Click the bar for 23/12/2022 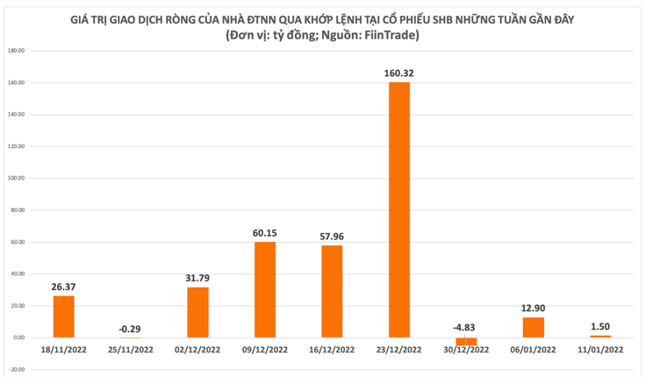click(399, 210)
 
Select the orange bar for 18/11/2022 click(64, 317)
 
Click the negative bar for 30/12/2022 click(466, 341)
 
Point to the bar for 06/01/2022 click(533, 327)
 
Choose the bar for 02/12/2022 click(197, 312)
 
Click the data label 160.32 click(399, 74)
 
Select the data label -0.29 click(131, 329)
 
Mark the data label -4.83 click(466, 328)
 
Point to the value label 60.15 click(265, 233)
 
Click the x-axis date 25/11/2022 click(131, 350)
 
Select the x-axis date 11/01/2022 click(600, 350)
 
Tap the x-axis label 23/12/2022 click(399, 350)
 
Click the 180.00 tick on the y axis click(15, 51)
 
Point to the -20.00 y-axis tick click(15, 369)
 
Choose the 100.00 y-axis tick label click(15, 178)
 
